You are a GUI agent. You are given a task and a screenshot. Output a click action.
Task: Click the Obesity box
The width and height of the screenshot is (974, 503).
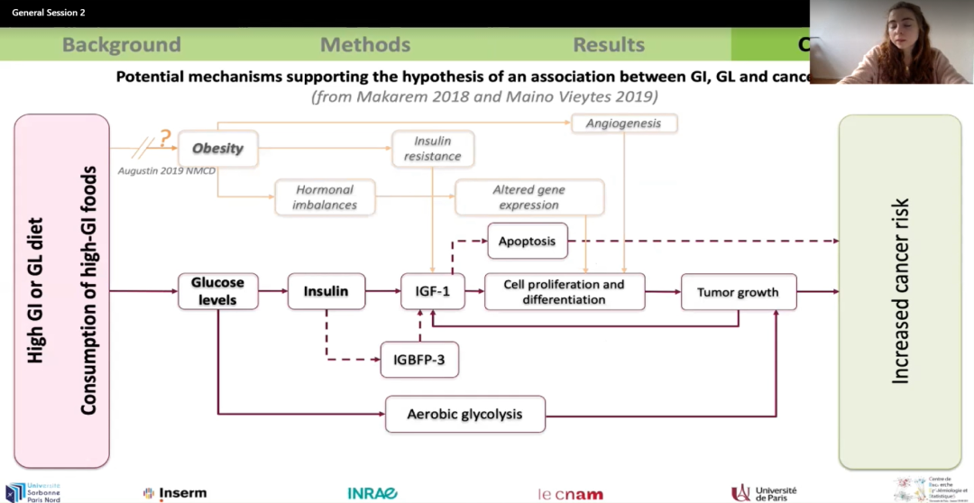(218, 148)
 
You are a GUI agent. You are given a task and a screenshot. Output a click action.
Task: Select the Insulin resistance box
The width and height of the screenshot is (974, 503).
(433, 149)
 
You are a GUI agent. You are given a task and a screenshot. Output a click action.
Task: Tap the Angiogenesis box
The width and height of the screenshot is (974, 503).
(623, 123)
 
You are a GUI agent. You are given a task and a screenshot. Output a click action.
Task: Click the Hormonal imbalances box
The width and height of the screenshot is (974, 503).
(325, 197)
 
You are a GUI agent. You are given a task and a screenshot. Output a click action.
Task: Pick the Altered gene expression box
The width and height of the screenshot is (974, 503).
(528, 197)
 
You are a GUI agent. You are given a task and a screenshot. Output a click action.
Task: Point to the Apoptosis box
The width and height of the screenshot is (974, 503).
(528, 242)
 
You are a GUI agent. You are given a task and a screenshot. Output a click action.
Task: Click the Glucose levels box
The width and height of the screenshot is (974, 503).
(217, 291)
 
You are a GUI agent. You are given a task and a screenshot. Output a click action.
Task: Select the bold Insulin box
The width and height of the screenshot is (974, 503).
(326, 291)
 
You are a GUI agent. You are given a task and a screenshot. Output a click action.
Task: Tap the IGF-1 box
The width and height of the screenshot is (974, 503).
(433, 291)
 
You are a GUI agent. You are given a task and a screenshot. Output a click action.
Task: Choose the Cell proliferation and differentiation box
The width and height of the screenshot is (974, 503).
(565, 291)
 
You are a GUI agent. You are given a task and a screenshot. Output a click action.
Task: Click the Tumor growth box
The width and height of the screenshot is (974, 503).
(739, 292)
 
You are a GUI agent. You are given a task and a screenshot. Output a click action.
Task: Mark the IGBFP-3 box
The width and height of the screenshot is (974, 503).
(419, 360)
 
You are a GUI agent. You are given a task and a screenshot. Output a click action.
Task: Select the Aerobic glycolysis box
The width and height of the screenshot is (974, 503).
(465, 415)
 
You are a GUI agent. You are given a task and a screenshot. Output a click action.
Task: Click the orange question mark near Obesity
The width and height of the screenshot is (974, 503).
(164, 139)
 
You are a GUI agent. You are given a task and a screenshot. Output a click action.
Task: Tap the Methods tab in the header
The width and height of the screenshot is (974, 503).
(365, 44)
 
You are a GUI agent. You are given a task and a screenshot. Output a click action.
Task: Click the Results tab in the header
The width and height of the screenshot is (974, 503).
(609, 44)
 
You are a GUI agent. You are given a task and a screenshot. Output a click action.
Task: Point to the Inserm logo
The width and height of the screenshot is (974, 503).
(175, 493)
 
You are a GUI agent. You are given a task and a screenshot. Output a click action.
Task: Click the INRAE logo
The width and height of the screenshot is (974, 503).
(372, 493)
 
